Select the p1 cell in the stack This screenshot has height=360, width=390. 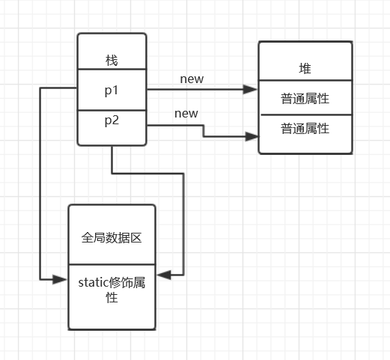112,89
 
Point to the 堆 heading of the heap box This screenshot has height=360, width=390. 305,68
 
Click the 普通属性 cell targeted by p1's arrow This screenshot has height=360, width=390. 305,98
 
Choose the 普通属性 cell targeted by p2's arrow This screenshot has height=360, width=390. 305,128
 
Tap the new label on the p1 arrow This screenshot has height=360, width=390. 192,79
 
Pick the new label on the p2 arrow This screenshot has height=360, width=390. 186,113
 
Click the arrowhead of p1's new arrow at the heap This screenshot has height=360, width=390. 252,89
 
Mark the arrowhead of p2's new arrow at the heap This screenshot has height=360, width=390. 252,136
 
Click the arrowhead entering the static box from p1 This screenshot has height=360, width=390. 62,279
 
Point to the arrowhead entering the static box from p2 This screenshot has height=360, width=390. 162,275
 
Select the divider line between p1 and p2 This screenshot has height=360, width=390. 112,109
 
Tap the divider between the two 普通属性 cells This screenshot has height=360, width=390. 305,115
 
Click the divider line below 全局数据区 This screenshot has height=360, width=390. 112,264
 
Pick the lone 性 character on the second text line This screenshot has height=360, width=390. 112,297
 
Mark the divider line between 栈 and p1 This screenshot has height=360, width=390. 112,70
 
